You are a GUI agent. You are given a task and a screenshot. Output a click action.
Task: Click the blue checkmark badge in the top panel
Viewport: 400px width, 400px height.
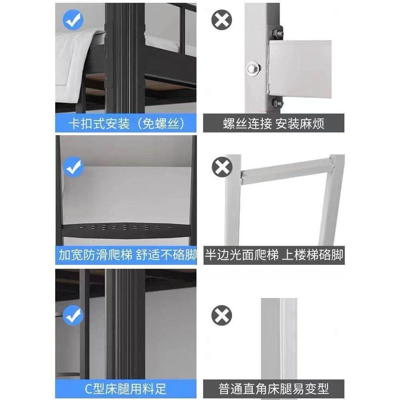[x=73, y=20]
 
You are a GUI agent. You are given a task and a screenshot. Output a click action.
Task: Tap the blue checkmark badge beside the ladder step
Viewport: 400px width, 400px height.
[x=73, y=168]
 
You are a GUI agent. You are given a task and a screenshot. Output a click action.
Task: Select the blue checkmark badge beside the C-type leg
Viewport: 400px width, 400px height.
[x=73, y=315]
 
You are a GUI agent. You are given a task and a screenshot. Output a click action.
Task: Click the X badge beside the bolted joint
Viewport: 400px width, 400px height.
[x=221, y=20]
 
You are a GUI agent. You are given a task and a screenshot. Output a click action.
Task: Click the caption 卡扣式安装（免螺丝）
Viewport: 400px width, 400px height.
[x=126, y=124]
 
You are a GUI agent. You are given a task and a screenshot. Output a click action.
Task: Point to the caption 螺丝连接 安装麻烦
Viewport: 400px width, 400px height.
[x=274, y=124]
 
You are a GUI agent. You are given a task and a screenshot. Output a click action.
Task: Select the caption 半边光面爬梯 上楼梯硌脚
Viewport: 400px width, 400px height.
[x=274, y=255]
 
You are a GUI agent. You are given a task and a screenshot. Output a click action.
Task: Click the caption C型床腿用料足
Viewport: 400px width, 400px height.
[x=126, y=388]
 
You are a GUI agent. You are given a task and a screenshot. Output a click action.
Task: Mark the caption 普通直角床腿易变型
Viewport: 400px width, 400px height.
[x=274, y=388]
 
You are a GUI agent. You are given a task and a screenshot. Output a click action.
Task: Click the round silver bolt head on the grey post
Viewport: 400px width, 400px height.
[x=253, y=68]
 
